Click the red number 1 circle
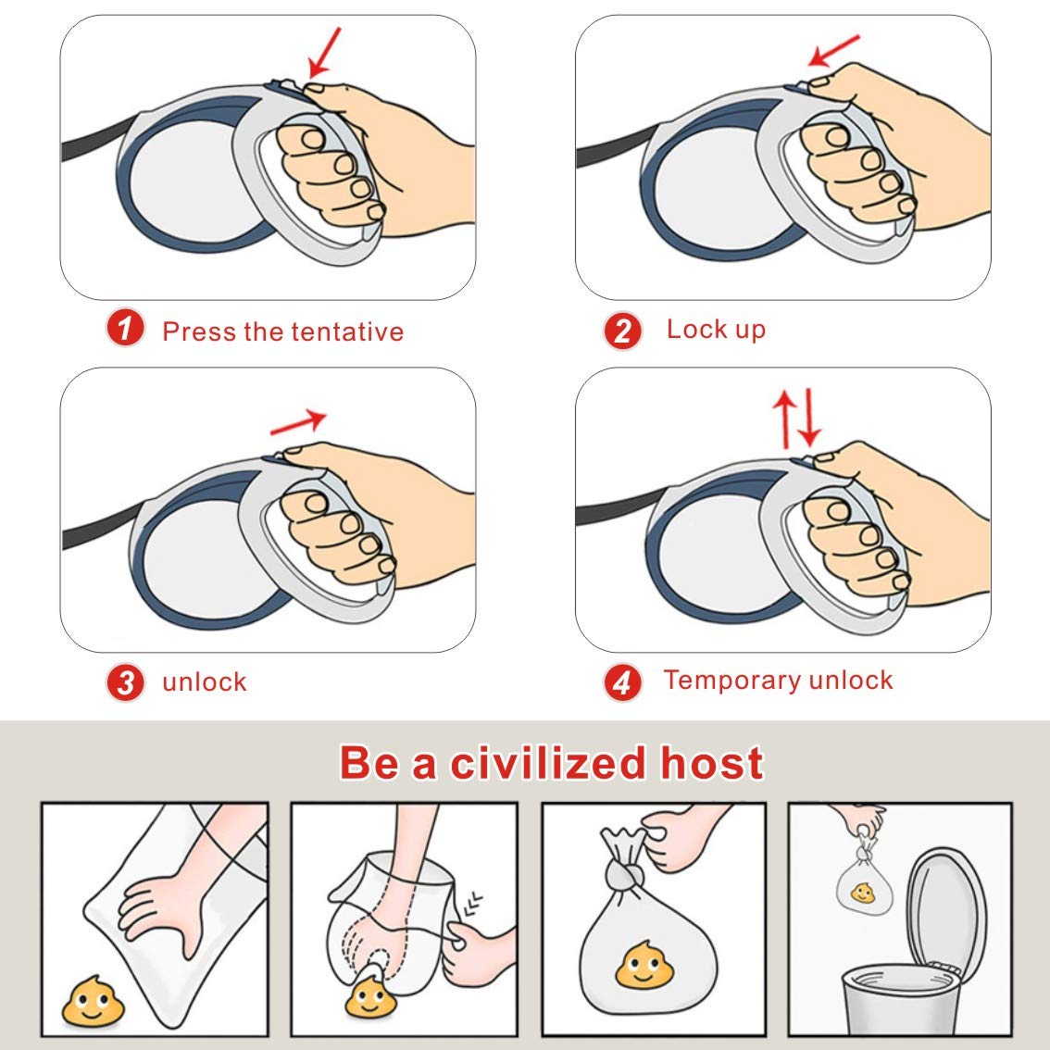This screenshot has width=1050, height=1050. tap(125, 328)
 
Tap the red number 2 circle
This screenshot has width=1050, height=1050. tap(623, 331)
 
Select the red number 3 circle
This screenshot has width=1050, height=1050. tap(125, 682)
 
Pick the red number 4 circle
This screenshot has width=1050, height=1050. tap(623, 682)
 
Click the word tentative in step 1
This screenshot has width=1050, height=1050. tap(347, 331)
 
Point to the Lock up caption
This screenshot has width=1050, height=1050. tap(716, 330)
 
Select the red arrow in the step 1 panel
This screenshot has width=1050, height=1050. tap(324, 52)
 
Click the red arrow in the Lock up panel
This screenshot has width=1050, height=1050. tap(833, 50)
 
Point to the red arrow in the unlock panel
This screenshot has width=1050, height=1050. tap(298, 422)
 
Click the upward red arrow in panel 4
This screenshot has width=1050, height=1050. tap(784, 419)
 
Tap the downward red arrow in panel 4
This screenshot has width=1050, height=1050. tap(809, 418)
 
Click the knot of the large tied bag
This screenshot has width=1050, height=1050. tap(625, 875)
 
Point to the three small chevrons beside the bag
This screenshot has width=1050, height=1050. tap(473, 903)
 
